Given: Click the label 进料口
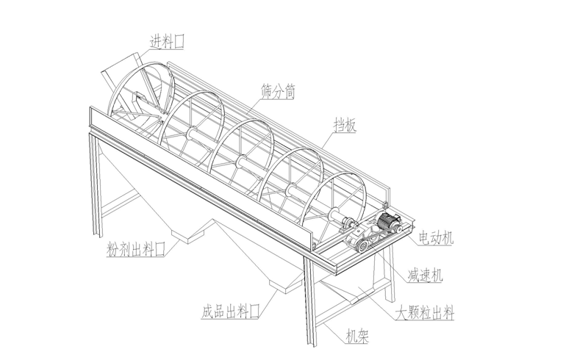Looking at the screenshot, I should (x=167, y=43).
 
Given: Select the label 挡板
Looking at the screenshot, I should (x=345, y=126).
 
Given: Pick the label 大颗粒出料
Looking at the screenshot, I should (x=424, y=314).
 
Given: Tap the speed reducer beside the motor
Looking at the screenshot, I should (x=360, y=240).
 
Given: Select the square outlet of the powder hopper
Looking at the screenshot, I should (x=195, y=234).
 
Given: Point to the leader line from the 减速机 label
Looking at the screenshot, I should (x=390, y=258).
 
